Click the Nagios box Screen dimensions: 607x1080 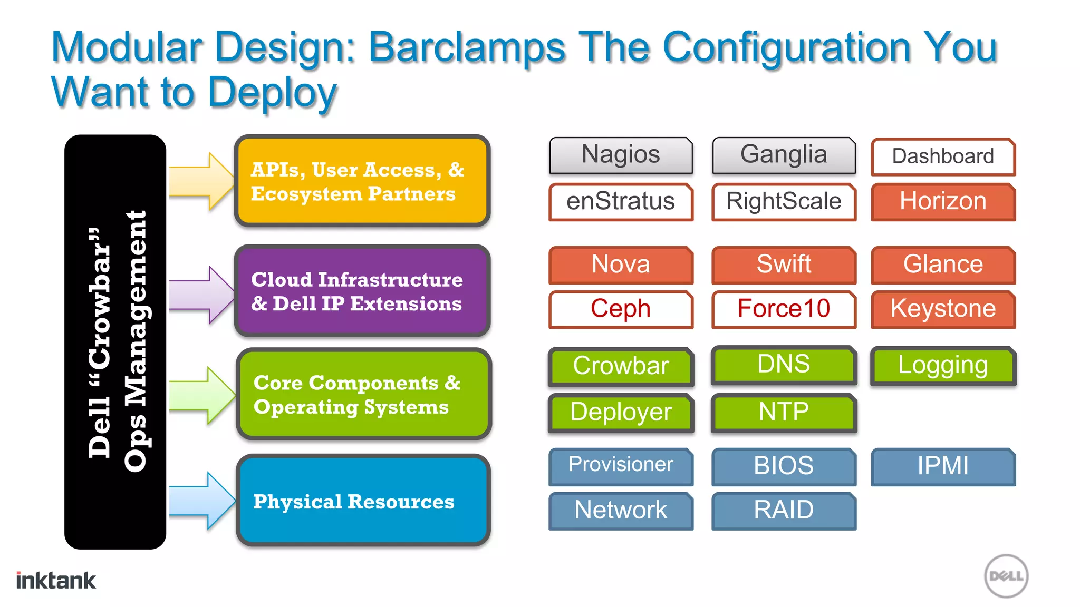point(621,155)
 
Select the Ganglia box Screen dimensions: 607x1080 point(784,155)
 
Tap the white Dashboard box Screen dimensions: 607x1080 point(943,156)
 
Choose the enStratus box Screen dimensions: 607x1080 point(621,202)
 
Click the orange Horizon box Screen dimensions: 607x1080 point(943,202)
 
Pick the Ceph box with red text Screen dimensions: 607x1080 point(621,309)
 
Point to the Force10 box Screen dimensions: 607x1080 point(784,309)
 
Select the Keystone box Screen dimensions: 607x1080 point(943,309)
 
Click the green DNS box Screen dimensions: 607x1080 point(784,365)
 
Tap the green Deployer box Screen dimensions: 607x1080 point(621,413)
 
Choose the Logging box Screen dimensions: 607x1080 point(943,366)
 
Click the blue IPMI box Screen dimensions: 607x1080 point(943,466)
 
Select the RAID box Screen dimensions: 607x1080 point(784,511)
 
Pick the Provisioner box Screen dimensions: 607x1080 point(621,466)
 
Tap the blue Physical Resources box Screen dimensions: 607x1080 point(363,501)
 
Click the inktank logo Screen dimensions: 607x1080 point(56,581)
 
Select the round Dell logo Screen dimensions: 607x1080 point(1006,576)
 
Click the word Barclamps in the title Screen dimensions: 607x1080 point(467,47)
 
